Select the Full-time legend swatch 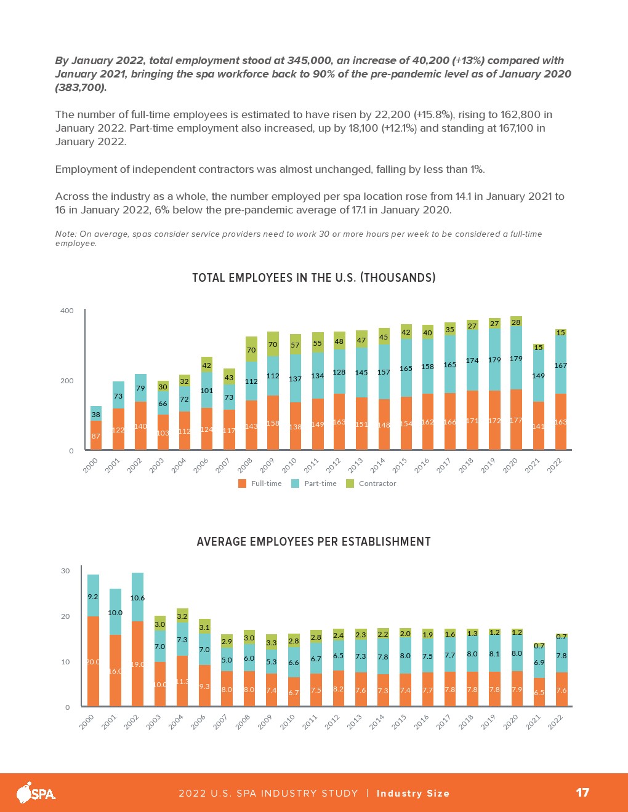pyautogui.click(x=242, y=484)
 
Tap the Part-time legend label pyautogui.click(x=320, y=484)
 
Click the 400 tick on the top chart pyautogui.click(x=66, y=311)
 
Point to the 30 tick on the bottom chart pyautogui.click(x=65, y=571)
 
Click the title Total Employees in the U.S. pyautogui.click(x=313, y=277)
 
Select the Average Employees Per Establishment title pyautogui.click(x=313, y=541)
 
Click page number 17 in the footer pyautogui.click(x=582, y=792)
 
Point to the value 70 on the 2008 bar pyautogui.click(x=251, y=350)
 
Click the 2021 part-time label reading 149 pyautogui.click(x=538, y=375)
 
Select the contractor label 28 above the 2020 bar pyautogui.click(x=516, y=322)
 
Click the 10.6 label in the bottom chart pyautogui.click(x=137, y=597)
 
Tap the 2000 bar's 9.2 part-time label pyautogui.click(x=93, y=596)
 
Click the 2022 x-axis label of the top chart pyautogui.click(x=555, y=466)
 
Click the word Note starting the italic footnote pyautogui.click(x=65, y=234)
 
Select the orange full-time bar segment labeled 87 pyautogui.click(x=95, y=436)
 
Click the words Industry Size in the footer pyautogui.click(x=413, y=793)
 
